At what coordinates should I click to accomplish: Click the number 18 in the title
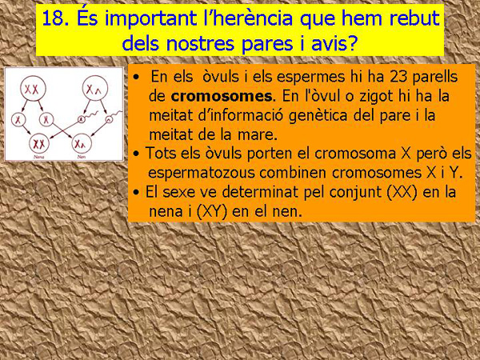click(54, 18)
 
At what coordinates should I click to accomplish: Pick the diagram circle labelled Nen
click(82, 144)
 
